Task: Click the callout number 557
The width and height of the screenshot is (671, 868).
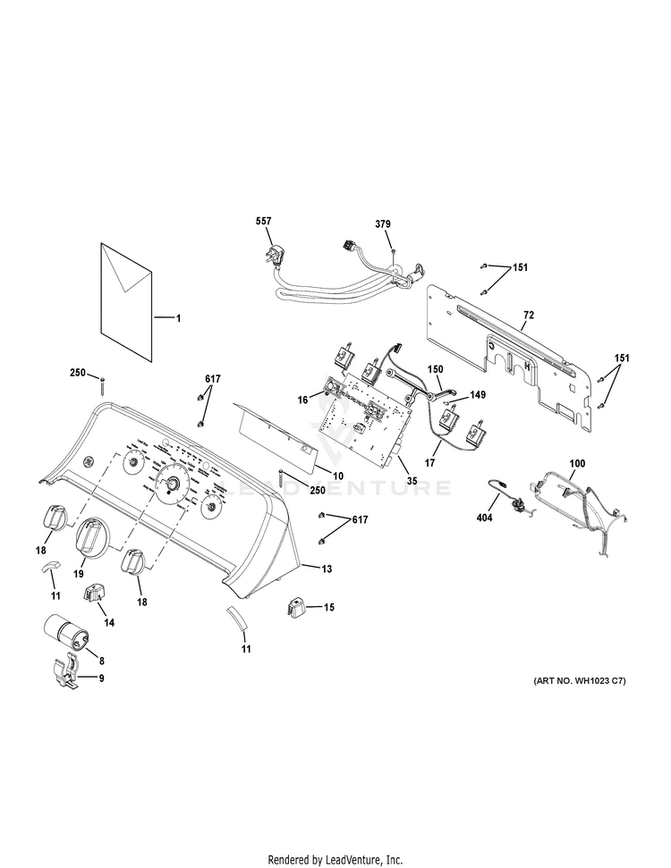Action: (263, 221)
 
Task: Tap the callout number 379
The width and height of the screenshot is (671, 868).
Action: (383, 224)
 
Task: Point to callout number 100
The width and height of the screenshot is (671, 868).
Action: (578, 463)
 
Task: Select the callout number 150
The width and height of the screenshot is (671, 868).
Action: (435, 368)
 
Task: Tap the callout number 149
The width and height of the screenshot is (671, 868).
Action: (479, 394)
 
